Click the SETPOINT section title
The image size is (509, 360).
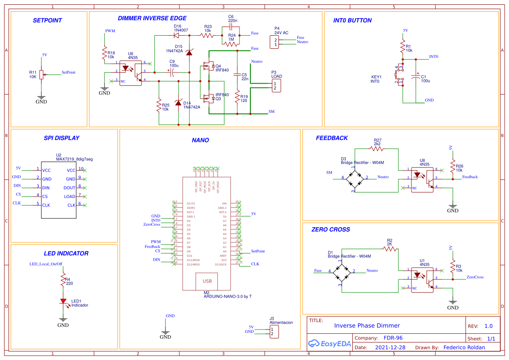click(47, 20)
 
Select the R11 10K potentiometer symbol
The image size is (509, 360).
click(41, 75)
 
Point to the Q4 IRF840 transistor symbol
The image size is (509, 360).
click(207, 67)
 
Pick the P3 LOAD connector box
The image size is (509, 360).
click(275, 86)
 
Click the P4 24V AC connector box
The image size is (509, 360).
click(275, 42)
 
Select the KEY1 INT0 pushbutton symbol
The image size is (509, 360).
click(399, 75)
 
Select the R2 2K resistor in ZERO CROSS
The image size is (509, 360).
click(390, 249)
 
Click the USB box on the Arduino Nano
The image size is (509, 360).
click(207, 281)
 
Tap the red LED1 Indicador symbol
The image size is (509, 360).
click(63, 301)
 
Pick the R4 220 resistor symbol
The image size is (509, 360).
click(63, 281)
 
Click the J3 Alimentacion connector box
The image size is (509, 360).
click(274, 332)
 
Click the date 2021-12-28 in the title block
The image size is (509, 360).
click(390, 348)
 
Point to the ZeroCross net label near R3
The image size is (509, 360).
click(475, 277)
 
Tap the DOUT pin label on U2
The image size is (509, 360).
click(70, 188)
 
